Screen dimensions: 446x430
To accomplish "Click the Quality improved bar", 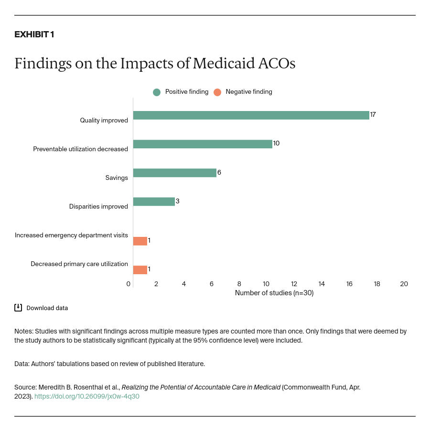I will [x=251, y=115].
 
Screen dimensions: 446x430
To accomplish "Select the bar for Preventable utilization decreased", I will [x=203, y=144].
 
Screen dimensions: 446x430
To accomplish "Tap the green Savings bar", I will [x=174, y=173].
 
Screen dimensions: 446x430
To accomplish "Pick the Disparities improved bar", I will [x=154, y=201].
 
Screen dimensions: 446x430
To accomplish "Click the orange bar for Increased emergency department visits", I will [x=140, y=241].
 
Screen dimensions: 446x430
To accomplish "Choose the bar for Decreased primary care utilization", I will [x=140, y=270].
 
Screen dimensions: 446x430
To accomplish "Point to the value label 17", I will [x=373, y=115].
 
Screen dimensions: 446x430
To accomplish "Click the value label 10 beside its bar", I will [x=276, y=144].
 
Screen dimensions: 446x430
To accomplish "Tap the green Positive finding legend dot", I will [x=157, y=92].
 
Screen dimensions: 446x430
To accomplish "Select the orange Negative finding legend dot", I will [x=217, y=92].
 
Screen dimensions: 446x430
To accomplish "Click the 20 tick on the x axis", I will [x=404, y=284].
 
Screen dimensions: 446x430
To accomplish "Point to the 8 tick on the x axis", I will [x=239, y=284].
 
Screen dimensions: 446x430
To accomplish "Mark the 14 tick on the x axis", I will [x=322, y=284].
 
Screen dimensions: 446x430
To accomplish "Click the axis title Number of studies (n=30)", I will [x=274, y=293].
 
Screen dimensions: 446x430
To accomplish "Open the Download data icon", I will [x=18, y=308].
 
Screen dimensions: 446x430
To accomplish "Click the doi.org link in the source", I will [x=87, y=396].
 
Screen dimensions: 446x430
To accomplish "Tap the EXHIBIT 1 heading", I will [x=34, y=34].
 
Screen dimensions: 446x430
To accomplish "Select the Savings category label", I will [x=117, y=178].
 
